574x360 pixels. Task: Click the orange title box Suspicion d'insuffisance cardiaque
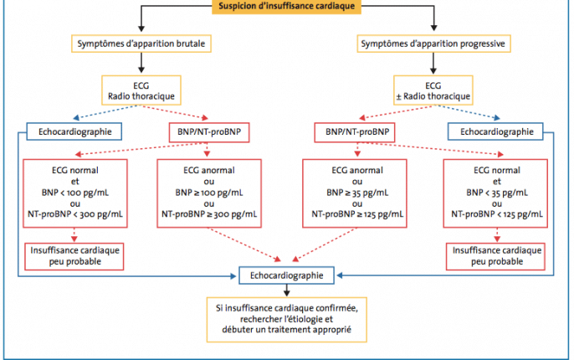[x=287, y=6]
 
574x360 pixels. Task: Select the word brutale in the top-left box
[x=191, y=44]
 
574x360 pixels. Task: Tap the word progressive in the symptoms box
[x=483, y=44]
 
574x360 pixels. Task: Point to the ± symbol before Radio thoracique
[x=398, y=96]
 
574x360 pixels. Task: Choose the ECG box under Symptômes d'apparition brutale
[x=141, y=90]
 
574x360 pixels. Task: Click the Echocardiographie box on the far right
[x=495, y=131]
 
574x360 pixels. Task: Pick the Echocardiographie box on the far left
[x=74, y=131]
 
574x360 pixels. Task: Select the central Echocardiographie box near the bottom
[x=287, y=275]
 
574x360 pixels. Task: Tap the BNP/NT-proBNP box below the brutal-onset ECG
[x=209, y=132]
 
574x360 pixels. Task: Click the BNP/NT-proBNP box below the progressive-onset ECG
[x=355, y=132]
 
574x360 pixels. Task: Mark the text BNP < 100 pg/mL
[x=75, y=193]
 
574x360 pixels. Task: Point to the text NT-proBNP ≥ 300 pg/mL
[x=209, y=214]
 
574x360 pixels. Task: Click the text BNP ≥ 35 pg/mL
[x=357, y=193]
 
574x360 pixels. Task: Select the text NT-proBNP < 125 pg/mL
[x=497, y=214]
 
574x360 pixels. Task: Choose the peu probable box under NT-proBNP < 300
[x=74, y=256]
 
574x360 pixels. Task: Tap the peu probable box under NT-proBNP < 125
[x=495, y=256]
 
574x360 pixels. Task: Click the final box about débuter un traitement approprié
[x=287, y=319]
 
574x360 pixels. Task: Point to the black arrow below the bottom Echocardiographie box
[x=287, y=290]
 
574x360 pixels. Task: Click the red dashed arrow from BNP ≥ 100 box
[x=244, y=244]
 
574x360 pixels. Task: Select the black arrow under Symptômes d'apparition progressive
[x=433, y=64]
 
